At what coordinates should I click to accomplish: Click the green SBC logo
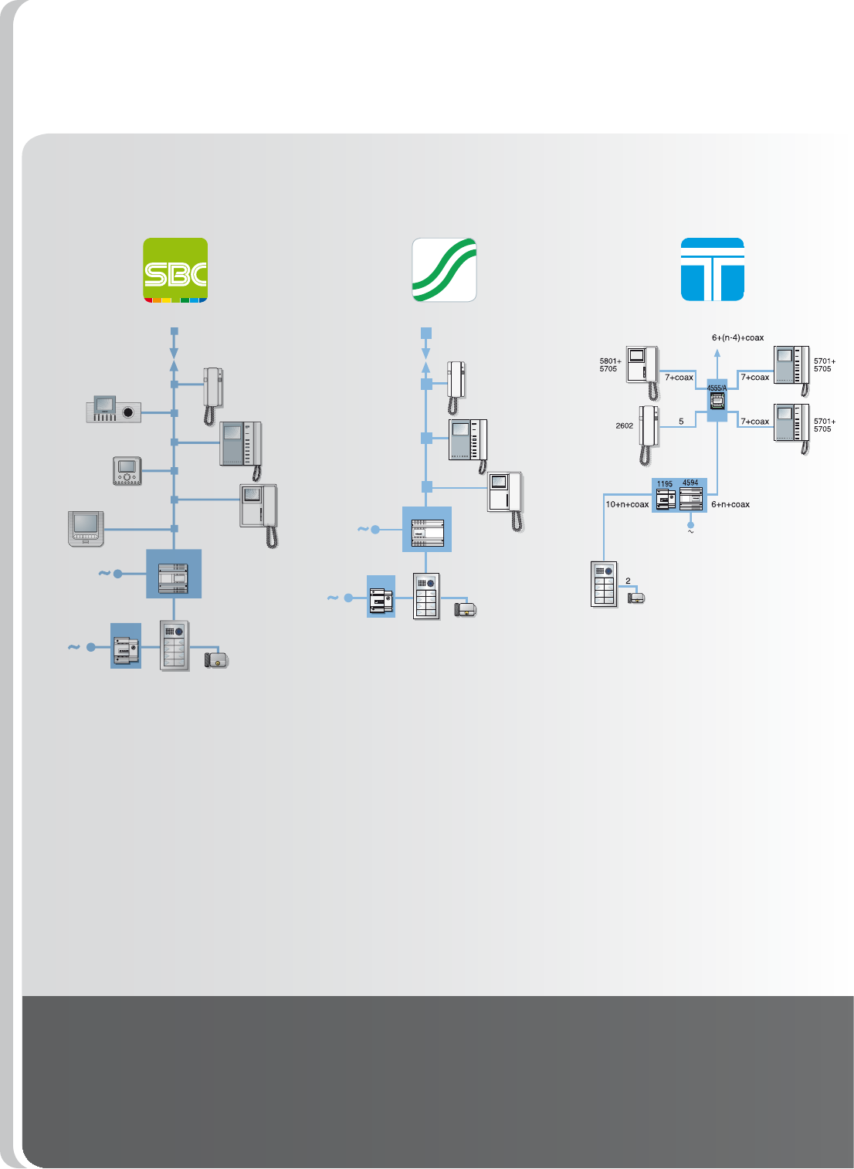coord(175,269)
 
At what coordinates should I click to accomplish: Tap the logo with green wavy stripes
coord(444,269)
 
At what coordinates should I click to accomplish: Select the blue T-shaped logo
coord(712,269)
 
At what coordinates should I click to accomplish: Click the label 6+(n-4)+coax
coord(737,337)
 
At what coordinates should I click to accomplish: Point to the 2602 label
coord(624,425)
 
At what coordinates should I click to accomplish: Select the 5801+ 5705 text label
coord(610,364)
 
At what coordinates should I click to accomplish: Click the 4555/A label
coord(717,388)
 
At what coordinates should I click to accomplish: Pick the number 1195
coord(665,484)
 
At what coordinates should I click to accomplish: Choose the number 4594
coord(690,483)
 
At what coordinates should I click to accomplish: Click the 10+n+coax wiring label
coord(627,504)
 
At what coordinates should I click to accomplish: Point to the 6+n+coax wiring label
coord(730,504)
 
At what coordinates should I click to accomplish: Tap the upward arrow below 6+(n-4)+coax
coord(717,354)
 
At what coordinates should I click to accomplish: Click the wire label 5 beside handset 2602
coord(681,422)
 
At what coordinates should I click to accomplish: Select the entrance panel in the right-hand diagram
coord(604,584)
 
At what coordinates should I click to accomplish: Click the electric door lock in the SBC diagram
coord(216,659)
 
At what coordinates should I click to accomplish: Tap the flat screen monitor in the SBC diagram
coord(86,527)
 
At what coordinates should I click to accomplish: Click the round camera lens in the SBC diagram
coord(128,412)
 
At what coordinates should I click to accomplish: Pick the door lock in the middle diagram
coord(466,609)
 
